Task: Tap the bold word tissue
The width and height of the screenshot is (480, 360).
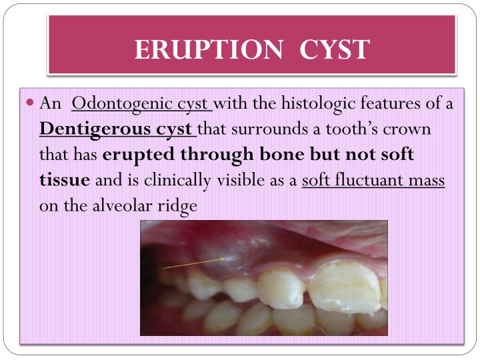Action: [65, 180]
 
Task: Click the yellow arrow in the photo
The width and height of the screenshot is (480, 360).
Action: [193, 264]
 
